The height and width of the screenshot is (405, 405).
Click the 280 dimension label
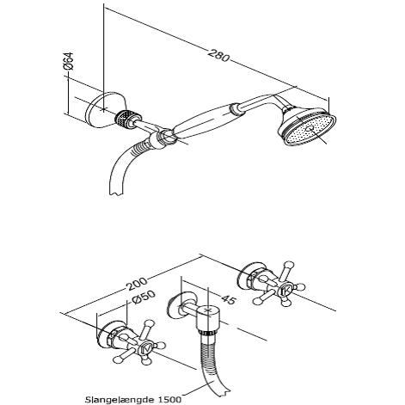pos(218,56)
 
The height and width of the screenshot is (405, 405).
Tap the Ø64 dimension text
pos(68,61)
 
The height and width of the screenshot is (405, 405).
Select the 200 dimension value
pos(137,284)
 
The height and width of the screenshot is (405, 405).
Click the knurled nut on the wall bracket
pos(126,119)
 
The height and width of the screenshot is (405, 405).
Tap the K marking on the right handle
pos(286,291)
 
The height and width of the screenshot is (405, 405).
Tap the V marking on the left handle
pos(144,349)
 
